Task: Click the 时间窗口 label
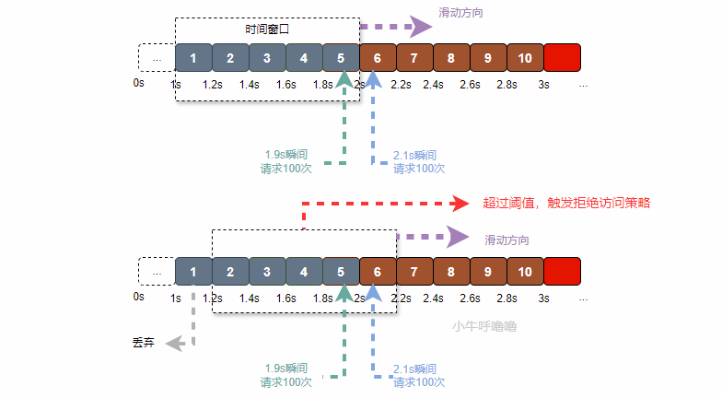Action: (x=267, y=29)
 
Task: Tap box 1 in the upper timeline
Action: (x=193, y=58)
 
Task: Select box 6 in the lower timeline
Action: (x=378, y=272)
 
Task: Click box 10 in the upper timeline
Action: (x=525, y=58)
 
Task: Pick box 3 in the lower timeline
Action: (x=267, y=272)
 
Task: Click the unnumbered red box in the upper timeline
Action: (x=563, y=58)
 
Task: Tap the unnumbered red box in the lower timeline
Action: (x=563, y=272)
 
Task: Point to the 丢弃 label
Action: (x=143, y=343)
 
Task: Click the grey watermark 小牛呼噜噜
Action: (x=484, y=326)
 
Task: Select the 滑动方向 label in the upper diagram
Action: (x=460, y=14)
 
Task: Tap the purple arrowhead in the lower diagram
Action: (x=458, y=237)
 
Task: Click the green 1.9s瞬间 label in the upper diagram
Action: (x=286, y=155)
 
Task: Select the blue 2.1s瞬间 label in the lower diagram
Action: (x=414, y=369)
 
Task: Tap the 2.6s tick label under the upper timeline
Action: (x=470, y=85)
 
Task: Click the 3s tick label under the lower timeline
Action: (x=544, y=298)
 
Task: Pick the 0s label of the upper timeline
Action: (x=139, y=84)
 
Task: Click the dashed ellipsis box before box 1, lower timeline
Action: (x=157, y=272)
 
